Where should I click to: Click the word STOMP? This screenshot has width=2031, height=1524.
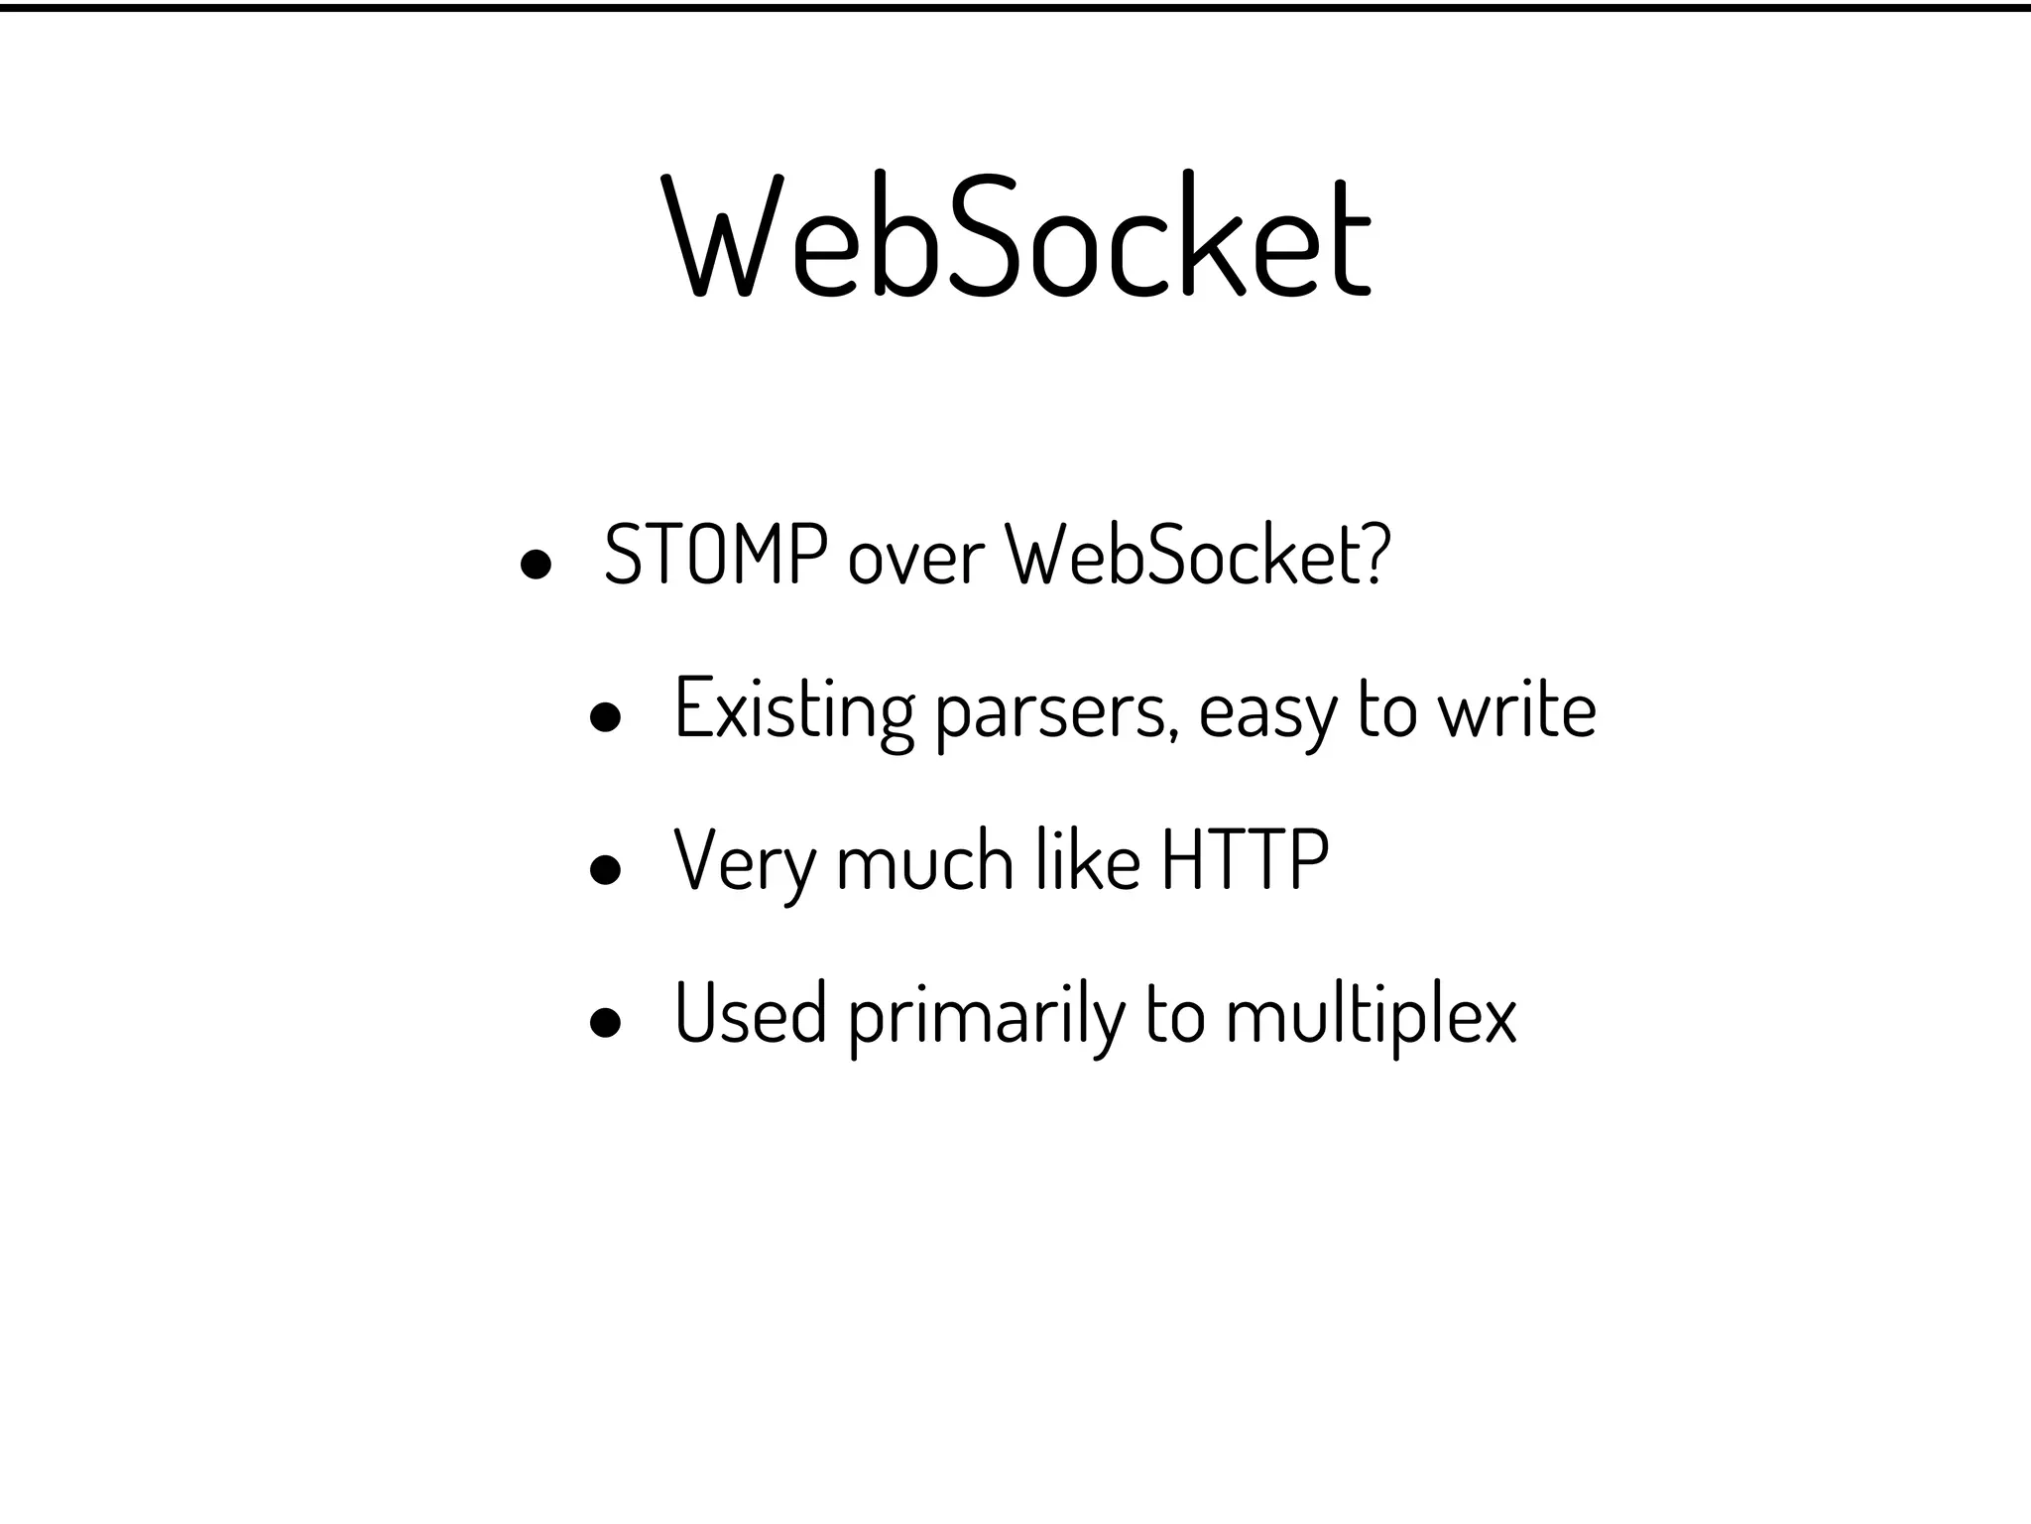pos(715,555)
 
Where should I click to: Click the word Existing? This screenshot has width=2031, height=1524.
pos(793,710)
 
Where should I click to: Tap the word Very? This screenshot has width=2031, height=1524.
pos(744,862)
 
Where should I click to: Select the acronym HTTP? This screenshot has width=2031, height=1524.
pos(1245,860)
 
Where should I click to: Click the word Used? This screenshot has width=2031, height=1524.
pos(750,1013)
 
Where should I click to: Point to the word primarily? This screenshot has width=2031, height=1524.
pos(987,1016)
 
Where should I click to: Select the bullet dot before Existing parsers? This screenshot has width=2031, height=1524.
pos(605,718)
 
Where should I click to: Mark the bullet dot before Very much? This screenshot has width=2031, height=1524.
pos(605,870)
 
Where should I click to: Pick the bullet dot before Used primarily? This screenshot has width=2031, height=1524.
pos(605,1023)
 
